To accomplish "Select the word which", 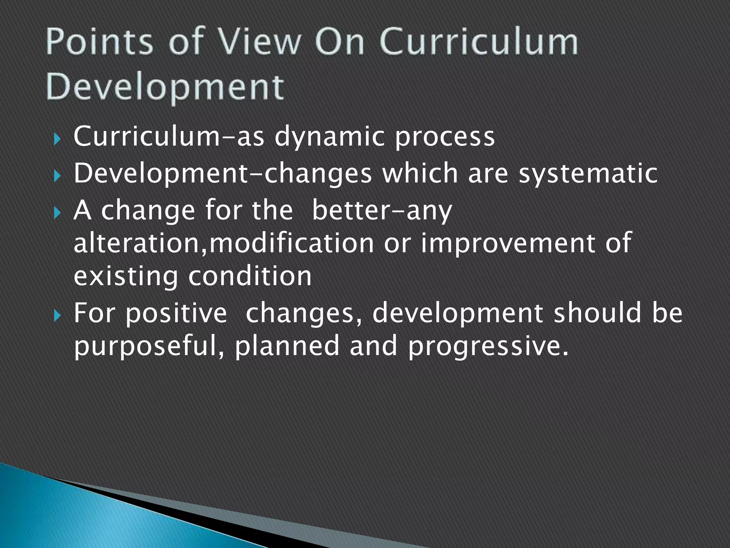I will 420,174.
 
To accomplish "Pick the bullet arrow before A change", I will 57,213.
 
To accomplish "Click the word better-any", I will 382,211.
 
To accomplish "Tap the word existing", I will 125,277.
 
